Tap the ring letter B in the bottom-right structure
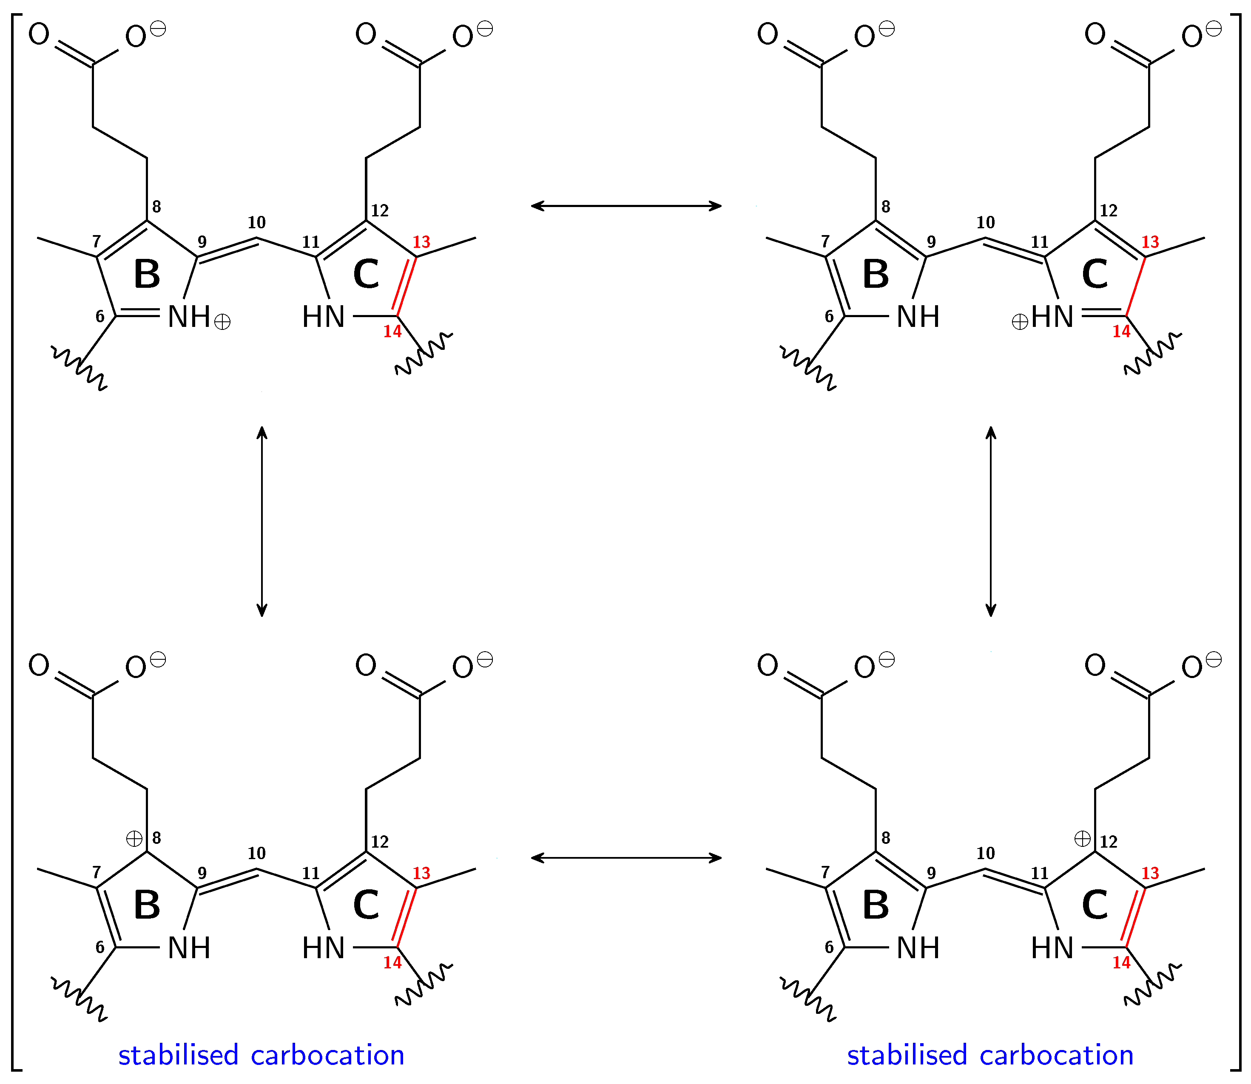876,905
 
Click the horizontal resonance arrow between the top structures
626,206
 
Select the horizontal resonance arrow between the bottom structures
626,857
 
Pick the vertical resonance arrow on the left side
262,521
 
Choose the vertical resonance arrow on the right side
990,521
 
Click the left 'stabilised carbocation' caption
262,1055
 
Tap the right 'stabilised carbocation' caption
990,1055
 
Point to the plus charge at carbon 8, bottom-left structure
134,838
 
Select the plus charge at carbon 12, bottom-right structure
1082,838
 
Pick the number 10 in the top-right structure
985,223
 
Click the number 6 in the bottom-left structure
100,947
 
